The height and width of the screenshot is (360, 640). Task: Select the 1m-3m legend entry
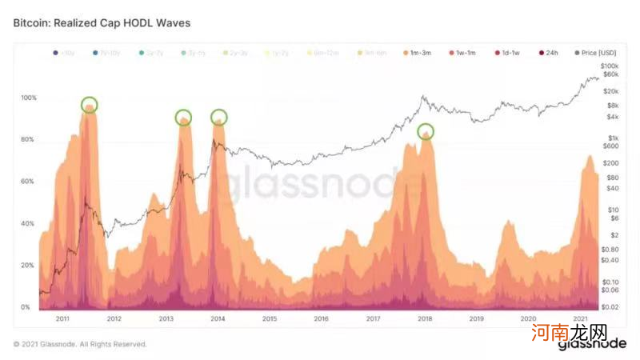pyautogui.click(x=418, y=53)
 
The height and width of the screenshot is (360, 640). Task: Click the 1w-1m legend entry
pyautogui.click(x=462, y=53)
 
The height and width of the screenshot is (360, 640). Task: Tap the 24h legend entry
pyautogui.click(x=549, y=53)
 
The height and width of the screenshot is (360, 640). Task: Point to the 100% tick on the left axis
pyautogui.click(x=29, y=98)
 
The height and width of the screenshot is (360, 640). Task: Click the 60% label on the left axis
pyautogui.click(x=27, y=182)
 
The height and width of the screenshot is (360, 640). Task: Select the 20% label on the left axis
pyautogui.click(x=27, y=266)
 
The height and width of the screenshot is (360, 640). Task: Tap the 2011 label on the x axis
pyautogui.click(x=62, y=318)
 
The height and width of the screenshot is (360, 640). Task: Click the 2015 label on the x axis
pyautogui.click(x=270, y=318)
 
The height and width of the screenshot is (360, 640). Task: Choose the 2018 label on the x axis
pyautogui.click(x=425, y=318)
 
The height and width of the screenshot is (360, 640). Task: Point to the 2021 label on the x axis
pyautogui.click(x=581, y=318)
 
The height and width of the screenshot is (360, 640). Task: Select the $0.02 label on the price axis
pyautogui.click(x=610, y=307)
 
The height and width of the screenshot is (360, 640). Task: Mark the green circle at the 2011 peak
pyautogui.click(x=90, y=105)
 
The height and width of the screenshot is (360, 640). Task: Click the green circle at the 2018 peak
pyautogui.click(x=426, y=130)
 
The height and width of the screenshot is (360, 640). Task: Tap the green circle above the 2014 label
pyautogui.click(x=218, y=117)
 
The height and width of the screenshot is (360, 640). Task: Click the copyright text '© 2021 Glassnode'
pyautogui.click(x=80, y=344)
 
